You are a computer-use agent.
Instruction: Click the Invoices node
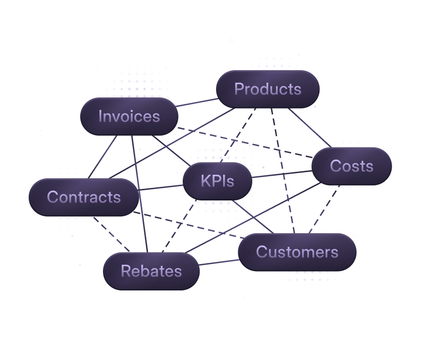click(x=129, y=116)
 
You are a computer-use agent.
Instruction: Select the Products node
click(x=267, y=89)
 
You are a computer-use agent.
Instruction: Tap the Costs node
click(x=351, y=166)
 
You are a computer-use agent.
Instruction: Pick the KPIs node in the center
click(x=217, y=181)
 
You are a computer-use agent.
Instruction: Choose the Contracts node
click(x=84, y=196)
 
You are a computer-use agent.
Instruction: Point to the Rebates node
click(x=151, y=271)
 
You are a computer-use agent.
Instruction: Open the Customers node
click(x=297, y=251)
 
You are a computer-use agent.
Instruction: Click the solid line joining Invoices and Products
click(x=198, y=102)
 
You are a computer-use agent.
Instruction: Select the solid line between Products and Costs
click(x=309, y=127)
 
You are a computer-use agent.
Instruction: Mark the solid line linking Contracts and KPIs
click(x=160, y=187)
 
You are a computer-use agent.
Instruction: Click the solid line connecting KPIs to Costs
click(x=282, y=175)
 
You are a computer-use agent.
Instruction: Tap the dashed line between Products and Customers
click(x=283, y=172)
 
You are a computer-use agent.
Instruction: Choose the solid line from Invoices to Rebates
click(x=139, y=194)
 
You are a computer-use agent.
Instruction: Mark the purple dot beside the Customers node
click(x=355, y=236)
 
